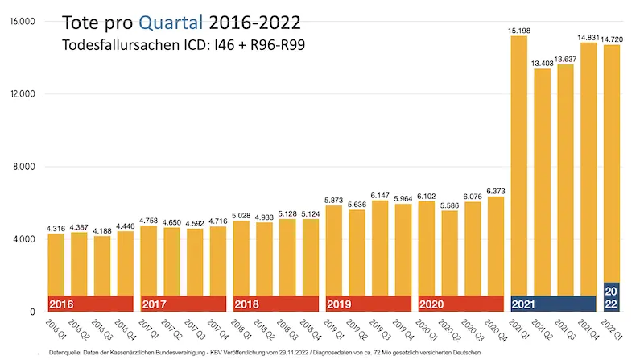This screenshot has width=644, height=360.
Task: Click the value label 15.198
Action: pyautogui.click(x=519, y=31)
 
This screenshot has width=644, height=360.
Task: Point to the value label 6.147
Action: pyautogui.click(x=381, y=195)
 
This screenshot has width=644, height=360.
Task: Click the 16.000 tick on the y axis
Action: pyautogui.click(x=22, y=21)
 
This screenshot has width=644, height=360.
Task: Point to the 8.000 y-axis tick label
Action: pyautogui.click(x=24, y=167)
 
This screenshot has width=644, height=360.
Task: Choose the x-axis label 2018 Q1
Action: pyautogui.click(x=237, y=329)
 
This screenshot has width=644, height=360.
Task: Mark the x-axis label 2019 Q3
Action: pyautogui.click(x=375, y=329)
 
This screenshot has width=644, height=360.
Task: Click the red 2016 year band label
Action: pyautogui.click(x=61, y=304)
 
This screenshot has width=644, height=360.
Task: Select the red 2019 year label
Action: pyautogui.click(x=339, y=304)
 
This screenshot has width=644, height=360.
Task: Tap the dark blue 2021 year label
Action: pyautogui.click(x=525, y=304)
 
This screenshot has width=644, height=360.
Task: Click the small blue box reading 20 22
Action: pyautogui.click(x=612, y=297)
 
